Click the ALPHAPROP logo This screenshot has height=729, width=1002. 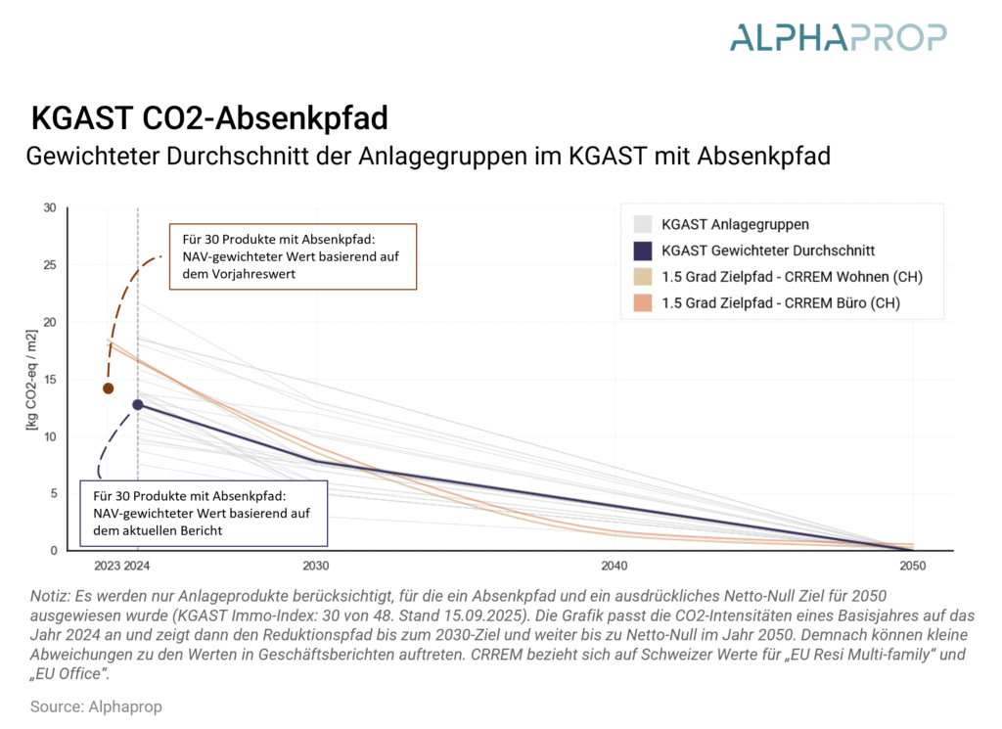pos(838,38)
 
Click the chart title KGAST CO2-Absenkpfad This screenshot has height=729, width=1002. pos(209,118)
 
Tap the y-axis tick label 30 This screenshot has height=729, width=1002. pos(50,207)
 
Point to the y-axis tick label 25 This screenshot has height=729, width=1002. pos(50,265)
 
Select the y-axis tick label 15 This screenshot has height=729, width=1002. pos(50,380)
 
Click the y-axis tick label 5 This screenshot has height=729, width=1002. pos(53,494)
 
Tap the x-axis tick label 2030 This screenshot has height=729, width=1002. pos(316,567)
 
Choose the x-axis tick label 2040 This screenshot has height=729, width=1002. pos(615,567)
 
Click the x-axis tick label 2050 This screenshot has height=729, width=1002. pos(912,567)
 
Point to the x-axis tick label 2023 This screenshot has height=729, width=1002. pos(108,567)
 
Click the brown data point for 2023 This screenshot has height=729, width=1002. pos(109,388)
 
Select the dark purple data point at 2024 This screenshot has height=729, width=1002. pos(138,404)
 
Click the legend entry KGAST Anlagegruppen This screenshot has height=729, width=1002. pos(735,224)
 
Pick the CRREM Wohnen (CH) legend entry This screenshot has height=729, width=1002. pos(792,277)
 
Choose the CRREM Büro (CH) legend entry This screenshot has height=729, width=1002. pos(781,303)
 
